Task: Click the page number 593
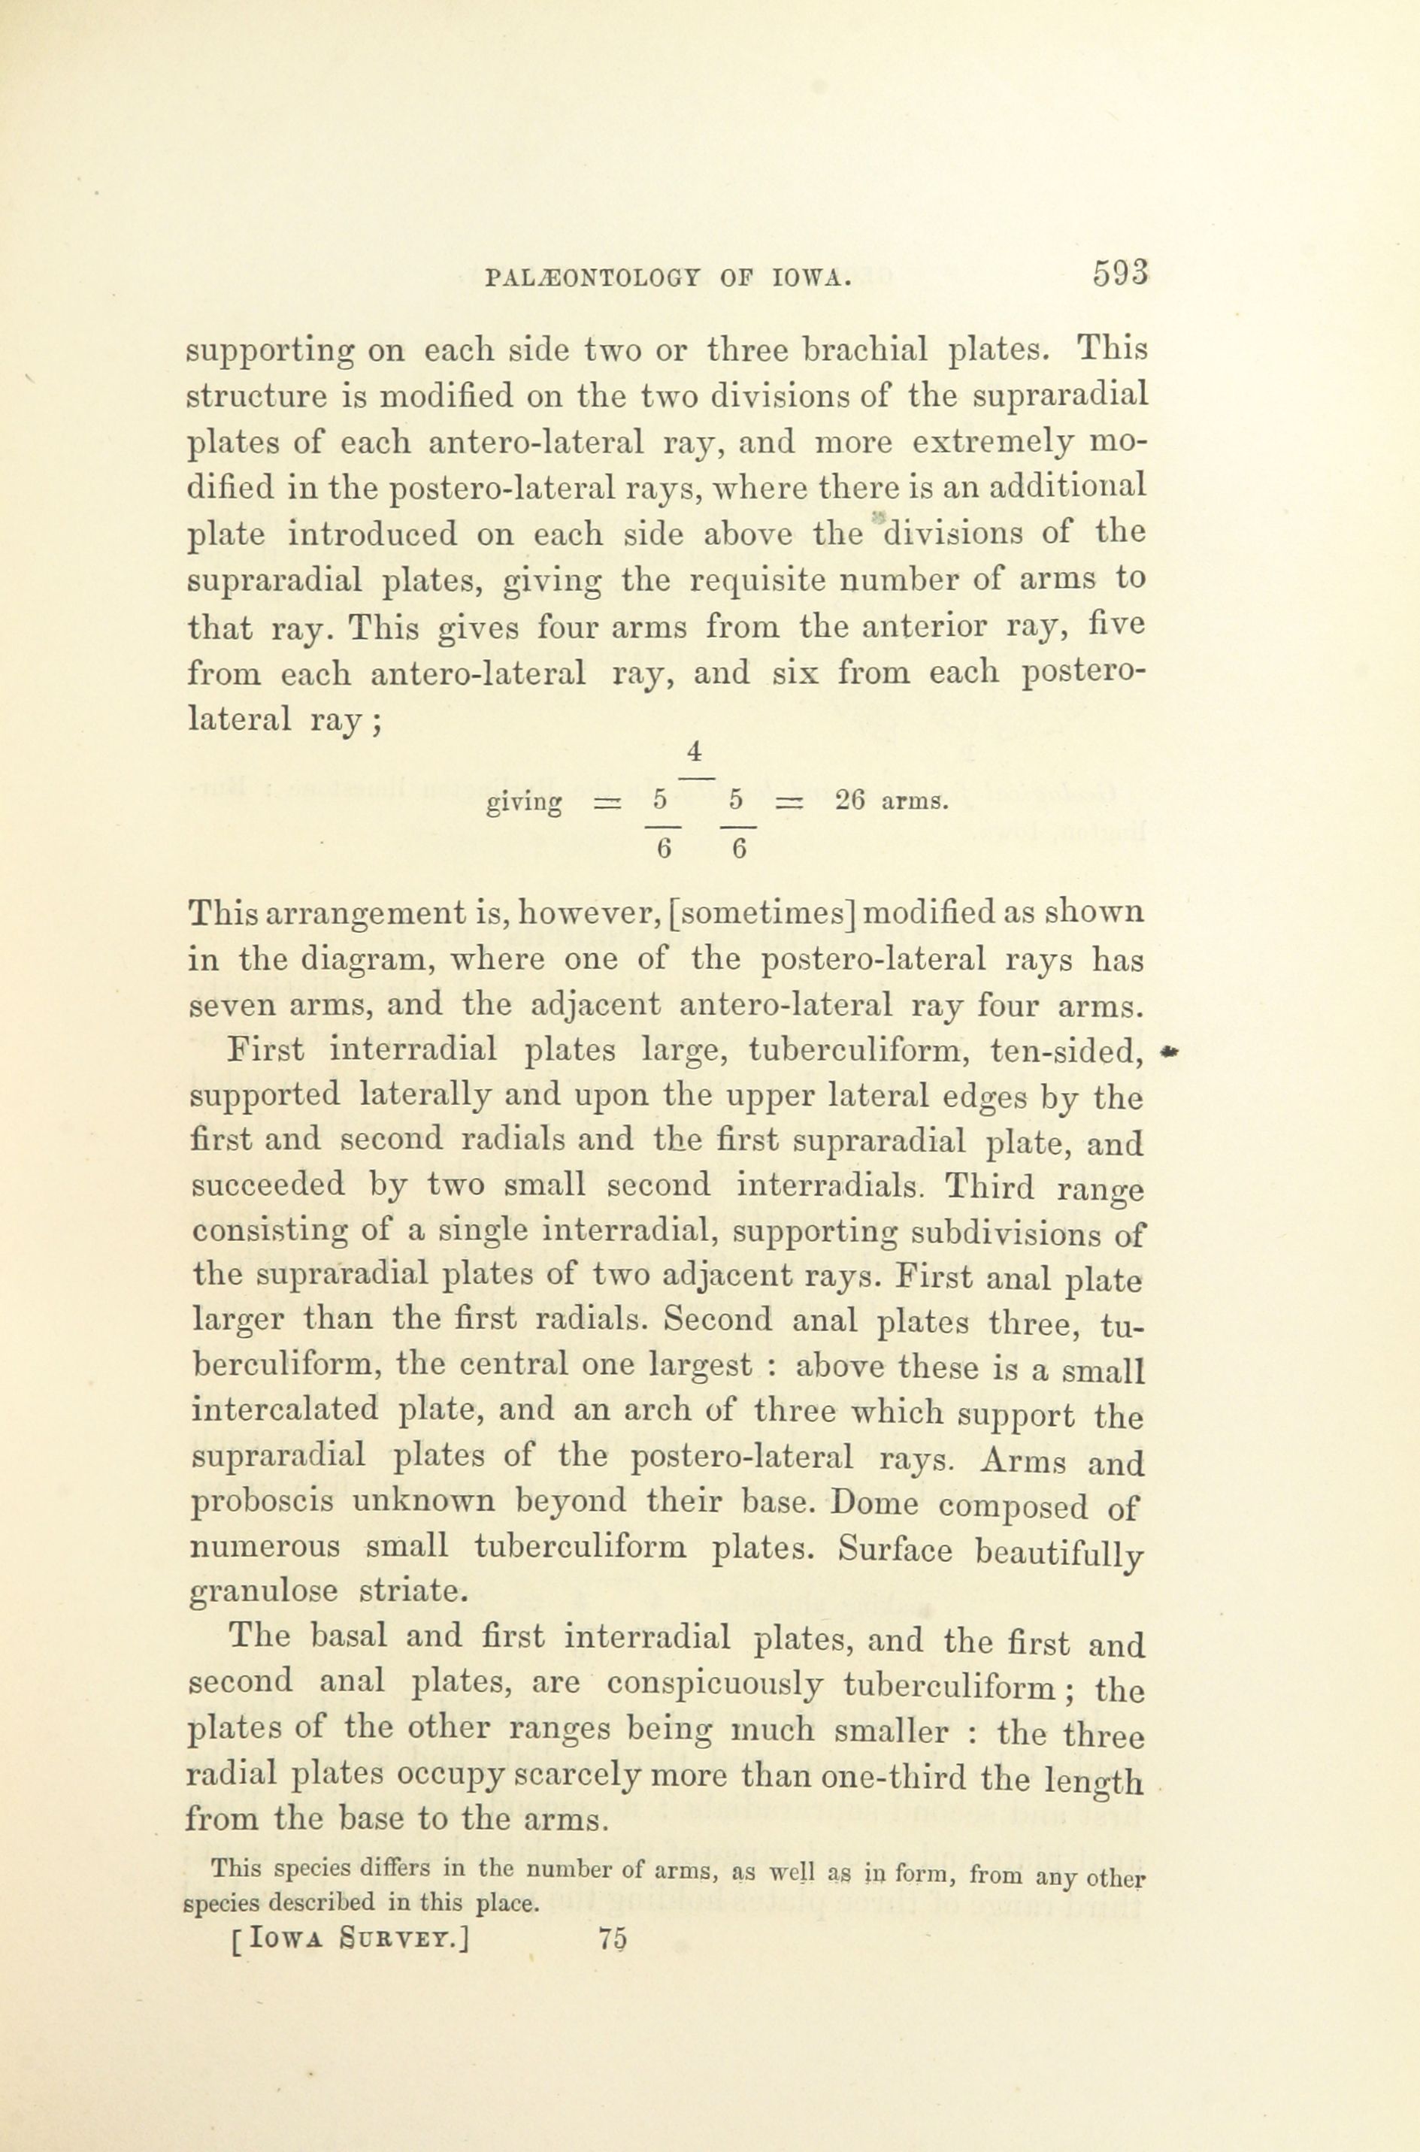1120,274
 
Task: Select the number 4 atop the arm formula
695,752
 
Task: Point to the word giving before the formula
525,802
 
